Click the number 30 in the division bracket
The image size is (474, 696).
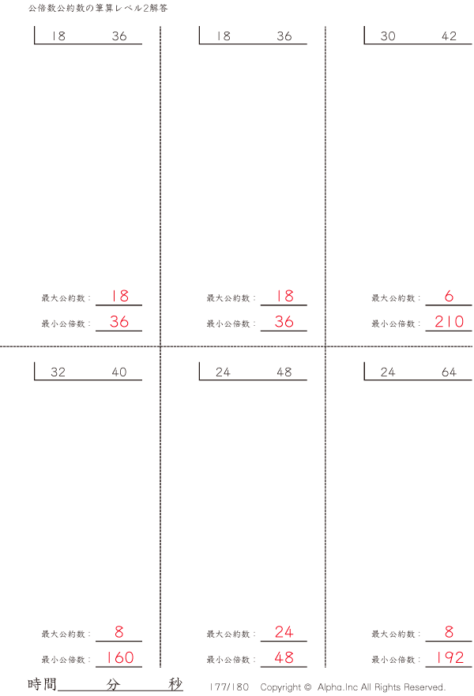point(387,36)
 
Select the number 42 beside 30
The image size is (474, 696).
point(449,36)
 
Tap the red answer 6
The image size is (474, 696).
point(449,296)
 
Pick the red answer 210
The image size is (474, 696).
point(449,321)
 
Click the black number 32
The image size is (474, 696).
point(58,372)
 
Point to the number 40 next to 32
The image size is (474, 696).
point(119,372)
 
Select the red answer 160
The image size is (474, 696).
point(119,657)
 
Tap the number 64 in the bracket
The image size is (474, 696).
point(449,372)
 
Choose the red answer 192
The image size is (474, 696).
point(450,657)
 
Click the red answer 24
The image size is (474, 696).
point(284,631)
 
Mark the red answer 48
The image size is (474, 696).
point(284,657)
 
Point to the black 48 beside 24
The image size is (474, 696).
point(284,372)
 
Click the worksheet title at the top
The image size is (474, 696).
point(98,8)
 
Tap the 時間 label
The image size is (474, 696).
point(42,684)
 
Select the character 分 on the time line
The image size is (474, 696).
point(113,684)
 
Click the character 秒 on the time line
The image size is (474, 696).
point(175,684)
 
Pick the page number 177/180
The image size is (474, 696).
point(229,687)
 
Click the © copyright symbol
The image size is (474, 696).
point(307,687)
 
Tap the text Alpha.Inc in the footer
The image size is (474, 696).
point(337,687)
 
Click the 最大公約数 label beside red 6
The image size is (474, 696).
point(393,298)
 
